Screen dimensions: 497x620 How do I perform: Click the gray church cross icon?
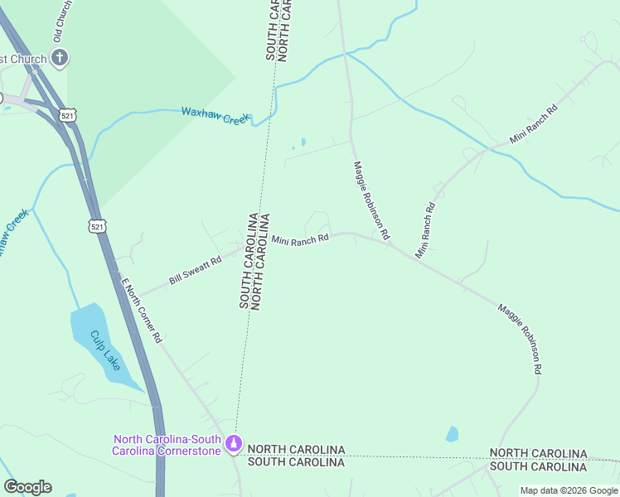[60, 57]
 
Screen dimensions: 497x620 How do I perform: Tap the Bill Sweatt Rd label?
[196, 271]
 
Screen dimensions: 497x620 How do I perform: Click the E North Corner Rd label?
[141, 310]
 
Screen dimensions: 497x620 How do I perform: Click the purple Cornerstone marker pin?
[235, 445]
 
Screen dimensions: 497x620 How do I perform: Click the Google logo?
[27, 487]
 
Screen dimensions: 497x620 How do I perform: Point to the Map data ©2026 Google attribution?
[569, 490]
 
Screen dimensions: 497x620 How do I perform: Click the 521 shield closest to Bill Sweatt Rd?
[98, 225]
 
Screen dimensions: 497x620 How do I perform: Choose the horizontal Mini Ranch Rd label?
[300, 239]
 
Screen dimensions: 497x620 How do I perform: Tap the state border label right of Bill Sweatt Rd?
[255, 261]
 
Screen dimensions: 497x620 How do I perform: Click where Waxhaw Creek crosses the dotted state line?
[268, 122]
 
